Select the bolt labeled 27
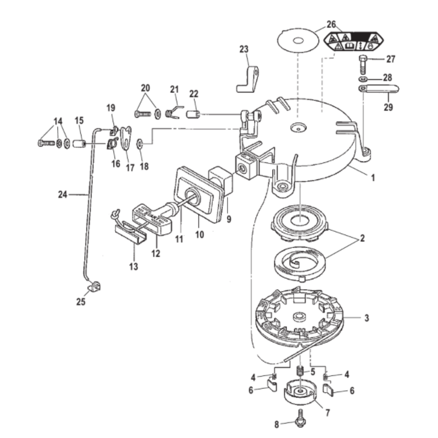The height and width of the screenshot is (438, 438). (x=363, y=65)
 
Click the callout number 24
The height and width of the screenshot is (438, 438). (x=62, y=194)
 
